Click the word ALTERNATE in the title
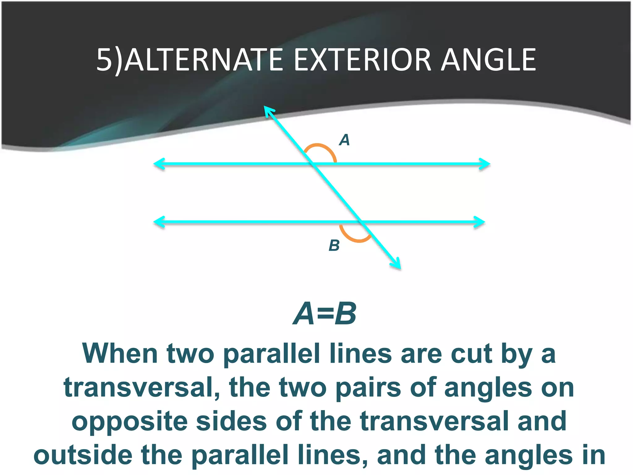click(x=204, y=60)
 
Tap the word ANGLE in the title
click(x=488, y=60)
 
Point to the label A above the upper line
click(x=344, y=140)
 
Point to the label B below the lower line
click(x=334, y=246)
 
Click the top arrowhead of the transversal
click(x=268, y=110)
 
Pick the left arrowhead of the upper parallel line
click(x=158, y=164)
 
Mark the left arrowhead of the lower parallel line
click(x=158, y=222)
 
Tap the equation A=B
click(x=325, y=314)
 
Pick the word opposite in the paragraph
click(x=130, y=422)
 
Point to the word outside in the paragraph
click(x=83, y=455)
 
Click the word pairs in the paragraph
click(x=368, y=388)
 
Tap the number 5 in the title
click(x=104, y=60)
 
